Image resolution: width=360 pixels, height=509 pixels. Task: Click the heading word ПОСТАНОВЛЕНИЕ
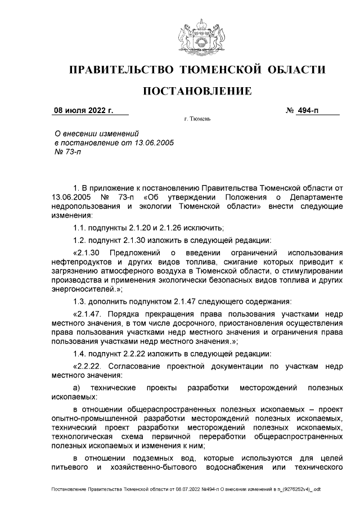(x=196, y=91)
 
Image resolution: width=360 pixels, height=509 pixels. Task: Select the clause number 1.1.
(x=80, y=227)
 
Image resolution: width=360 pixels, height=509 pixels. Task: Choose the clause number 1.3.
(x=80, y=301)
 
